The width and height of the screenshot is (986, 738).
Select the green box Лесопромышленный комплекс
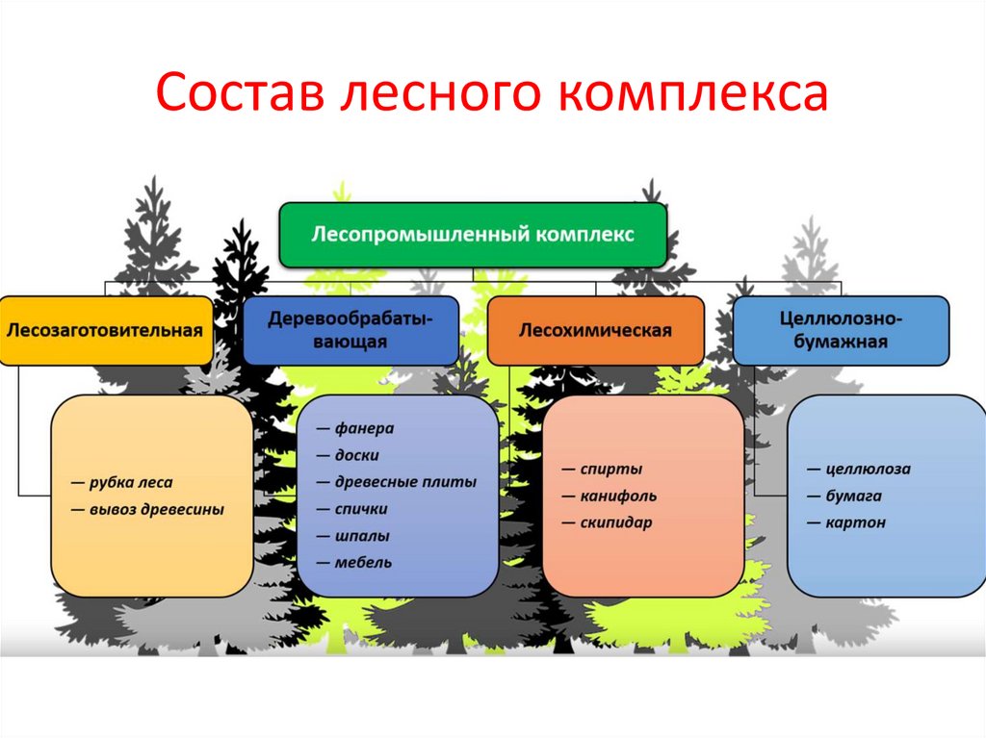(x=472, y=234)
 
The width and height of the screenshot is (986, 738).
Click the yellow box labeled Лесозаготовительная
(x=106, y=330)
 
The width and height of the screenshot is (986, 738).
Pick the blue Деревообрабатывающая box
(x=350, y=329)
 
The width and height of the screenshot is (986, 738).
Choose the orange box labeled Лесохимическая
(x=595, y=330)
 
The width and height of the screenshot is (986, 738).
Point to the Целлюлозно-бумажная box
(x=841, y=329)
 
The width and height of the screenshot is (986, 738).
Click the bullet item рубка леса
(x=129, y=483)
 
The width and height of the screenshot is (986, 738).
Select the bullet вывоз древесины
(x=154, y=510)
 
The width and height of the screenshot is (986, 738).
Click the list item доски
(x=357, y=455)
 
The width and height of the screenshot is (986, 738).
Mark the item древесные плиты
(x=404, y=482)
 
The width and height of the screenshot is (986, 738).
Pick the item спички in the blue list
(x=362, y=509)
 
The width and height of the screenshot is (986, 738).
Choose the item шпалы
(x=362, y=536)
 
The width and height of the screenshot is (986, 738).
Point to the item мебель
(x=363, y=563)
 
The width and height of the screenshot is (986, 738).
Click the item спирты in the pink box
(x=610, y=470)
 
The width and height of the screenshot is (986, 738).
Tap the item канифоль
(x=618, y=496)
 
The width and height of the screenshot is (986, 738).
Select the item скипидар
(x=616, y=523)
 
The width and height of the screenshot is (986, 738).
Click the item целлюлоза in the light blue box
(x=867, y=470)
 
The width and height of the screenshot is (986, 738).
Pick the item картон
(x=855, y=523)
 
